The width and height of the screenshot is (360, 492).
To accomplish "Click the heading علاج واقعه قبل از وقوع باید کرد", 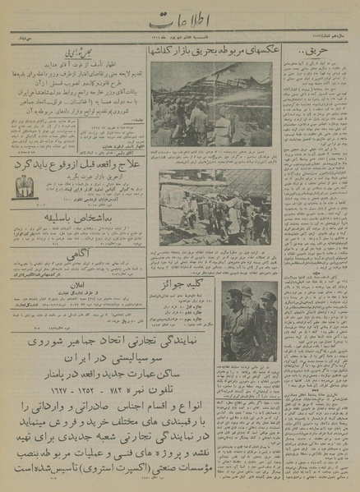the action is [75, 164].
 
